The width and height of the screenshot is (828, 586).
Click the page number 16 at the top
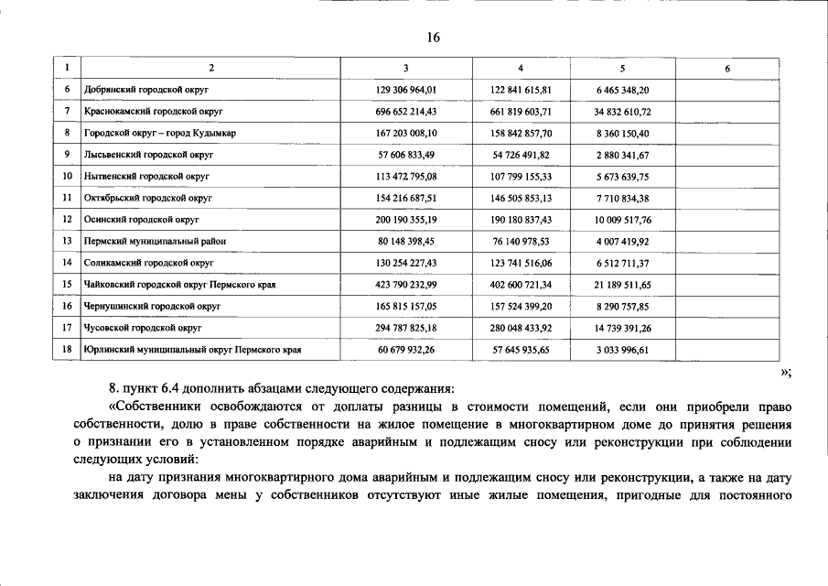434,38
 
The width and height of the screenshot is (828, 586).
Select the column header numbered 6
727,69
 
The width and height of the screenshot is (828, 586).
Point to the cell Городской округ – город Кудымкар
159,134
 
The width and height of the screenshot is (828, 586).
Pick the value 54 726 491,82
522,156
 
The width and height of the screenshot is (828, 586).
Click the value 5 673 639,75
622,177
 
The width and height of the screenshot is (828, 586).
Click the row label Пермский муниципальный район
154,242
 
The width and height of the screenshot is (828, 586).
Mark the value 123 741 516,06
522,263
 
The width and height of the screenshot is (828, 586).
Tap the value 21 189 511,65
622,285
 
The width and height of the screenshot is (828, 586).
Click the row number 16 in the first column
67,306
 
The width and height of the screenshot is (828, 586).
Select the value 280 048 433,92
522,328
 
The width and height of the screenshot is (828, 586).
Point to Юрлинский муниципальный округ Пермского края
192,350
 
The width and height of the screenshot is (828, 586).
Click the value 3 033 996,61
622,350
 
